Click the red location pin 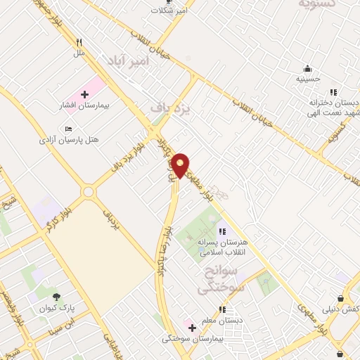point(181,165)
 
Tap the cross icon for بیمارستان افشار point(85,94)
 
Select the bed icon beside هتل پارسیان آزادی point(67,129)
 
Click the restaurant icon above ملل point(79,42)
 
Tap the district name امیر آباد point(129,62)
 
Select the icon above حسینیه point(308,68)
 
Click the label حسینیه point(308,79)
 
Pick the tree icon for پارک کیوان point(56,298)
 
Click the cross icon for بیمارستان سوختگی point(191,327)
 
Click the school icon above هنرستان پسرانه point(222,231)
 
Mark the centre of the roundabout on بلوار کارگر point(89,191)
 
